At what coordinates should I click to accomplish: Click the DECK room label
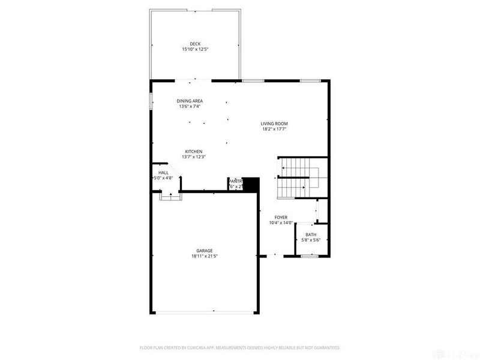point(195,43)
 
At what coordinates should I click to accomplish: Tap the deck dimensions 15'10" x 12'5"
point(195,49)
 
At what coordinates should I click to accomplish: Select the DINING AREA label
point(189,101)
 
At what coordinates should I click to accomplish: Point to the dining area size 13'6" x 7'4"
point(190,106)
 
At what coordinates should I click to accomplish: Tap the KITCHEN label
point(193,151)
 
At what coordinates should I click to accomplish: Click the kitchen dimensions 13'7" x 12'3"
point(194,157)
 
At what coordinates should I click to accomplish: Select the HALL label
point(163,172)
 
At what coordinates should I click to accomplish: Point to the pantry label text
point(234,181)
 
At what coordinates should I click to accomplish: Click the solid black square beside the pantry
point(250,184)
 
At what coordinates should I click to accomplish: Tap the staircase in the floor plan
point(300,178)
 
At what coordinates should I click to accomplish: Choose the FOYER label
point(281,217)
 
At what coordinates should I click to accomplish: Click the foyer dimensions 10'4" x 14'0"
point(281,223)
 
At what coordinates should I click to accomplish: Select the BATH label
point(311,235)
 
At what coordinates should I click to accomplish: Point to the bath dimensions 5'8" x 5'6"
point(311,240)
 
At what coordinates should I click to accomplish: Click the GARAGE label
point(205,251)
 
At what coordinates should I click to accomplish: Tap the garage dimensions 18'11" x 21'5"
point(205,256)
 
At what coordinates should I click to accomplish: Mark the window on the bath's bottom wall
point(309,256)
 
